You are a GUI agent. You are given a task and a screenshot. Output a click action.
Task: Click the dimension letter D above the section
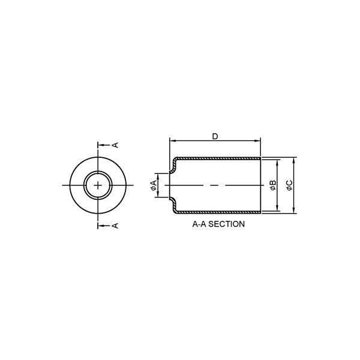click(x=215, y=137)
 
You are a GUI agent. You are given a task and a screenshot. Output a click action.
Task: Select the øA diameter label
click(x=154, y=185)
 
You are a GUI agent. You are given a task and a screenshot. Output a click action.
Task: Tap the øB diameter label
click(x=273, y=185)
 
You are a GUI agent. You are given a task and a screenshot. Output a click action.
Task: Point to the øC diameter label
click(x=289, y=185)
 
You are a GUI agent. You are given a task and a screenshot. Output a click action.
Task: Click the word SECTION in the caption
click(x=227, y=224)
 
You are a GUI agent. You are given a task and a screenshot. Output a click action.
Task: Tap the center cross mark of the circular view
click(x=98, y=185)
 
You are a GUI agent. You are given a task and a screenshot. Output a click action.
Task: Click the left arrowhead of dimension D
click(x=172, y=141)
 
